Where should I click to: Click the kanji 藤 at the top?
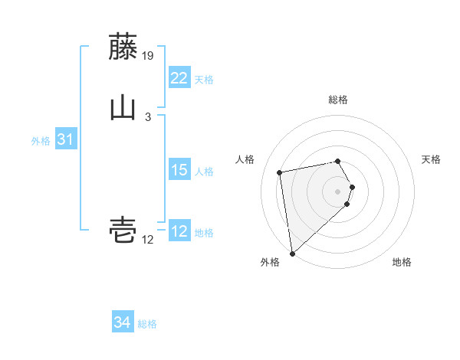123,47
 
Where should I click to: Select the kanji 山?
123,108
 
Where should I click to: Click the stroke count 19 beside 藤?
149,56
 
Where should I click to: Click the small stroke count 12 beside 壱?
148,240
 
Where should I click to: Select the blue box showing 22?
179,78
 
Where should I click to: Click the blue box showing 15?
179,170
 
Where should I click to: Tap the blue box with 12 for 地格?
179,231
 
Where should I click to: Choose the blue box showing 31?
65,139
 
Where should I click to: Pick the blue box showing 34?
122,322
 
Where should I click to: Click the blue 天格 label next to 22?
204,80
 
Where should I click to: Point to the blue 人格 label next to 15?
204,172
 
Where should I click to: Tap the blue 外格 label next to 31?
41,141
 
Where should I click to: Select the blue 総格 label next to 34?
147,324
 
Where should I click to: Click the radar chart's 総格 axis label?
338,100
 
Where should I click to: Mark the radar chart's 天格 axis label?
431,159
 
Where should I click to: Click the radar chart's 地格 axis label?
402,263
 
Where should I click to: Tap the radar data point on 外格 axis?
292,253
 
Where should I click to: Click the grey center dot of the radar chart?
338,190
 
